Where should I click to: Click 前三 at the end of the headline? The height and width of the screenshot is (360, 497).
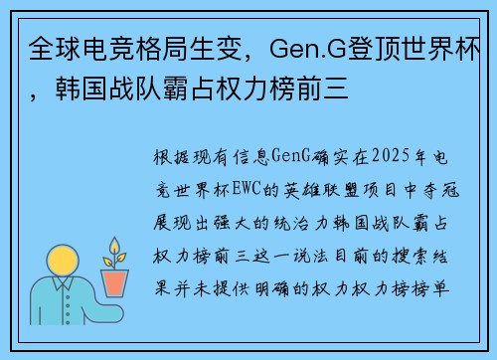pyautogui.click(x=325, y=95)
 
